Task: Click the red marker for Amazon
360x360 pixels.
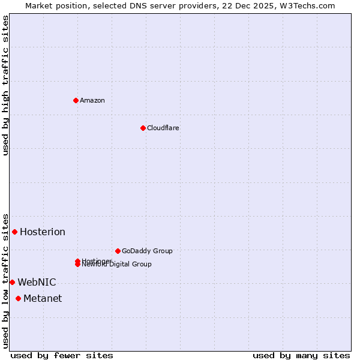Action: [x=76, y=100]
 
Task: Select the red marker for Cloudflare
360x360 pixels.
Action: [x=143, y=128]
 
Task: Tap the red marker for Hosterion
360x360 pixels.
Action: [x=14, y=232]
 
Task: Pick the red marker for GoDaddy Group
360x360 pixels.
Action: [x=118, y=251]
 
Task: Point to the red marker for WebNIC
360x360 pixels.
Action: [x=12, y=282]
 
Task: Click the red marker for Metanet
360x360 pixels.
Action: [x=18, y=298]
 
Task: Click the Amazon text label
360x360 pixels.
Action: [x=92, y=100]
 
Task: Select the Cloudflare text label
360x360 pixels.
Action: [x=163, y=128]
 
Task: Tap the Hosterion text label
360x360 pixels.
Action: [x=43, y=232]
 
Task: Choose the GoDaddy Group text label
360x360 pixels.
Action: [x=147, y=251]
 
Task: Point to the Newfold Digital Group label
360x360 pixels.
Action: [x=118, y=265]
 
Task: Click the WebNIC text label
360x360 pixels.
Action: [x=37, y=282]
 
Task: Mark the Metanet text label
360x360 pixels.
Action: [x=43, y=299]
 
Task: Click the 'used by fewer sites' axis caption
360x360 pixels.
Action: [x=62, y=355]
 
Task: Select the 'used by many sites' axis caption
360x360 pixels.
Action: [x=301, y=355]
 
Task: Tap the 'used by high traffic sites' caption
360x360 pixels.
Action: [x=6, y=85]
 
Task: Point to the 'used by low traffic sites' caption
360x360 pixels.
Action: [x=6, y=280]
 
